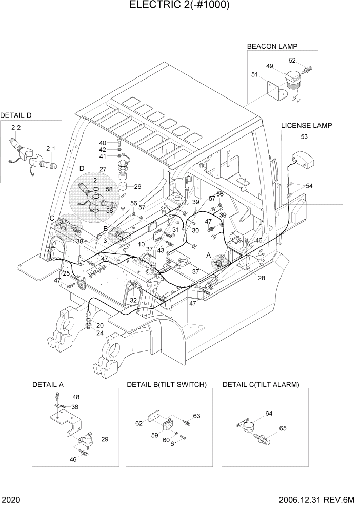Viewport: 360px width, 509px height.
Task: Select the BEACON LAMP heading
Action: point(272,46)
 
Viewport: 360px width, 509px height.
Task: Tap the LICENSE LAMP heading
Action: point(306,125)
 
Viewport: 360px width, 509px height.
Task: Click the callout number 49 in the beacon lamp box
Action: point(269,66)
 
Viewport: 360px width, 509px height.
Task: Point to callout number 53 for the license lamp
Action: point(304,136)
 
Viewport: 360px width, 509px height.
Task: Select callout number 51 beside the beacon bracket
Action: point(254,74)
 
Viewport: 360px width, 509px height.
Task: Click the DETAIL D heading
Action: point(16,115)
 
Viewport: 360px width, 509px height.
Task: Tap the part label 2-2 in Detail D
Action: point(16,127)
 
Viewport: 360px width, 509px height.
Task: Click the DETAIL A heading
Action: point(48,384)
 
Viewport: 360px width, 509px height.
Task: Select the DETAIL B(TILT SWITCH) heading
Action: point(166,384)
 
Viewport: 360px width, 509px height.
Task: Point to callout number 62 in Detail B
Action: point(139,423)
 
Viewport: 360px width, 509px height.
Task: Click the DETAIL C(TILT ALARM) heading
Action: point(261,384)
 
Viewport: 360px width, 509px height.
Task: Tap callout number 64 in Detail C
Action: point(269,413)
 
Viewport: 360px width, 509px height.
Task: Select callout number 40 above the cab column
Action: point(102,143)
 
